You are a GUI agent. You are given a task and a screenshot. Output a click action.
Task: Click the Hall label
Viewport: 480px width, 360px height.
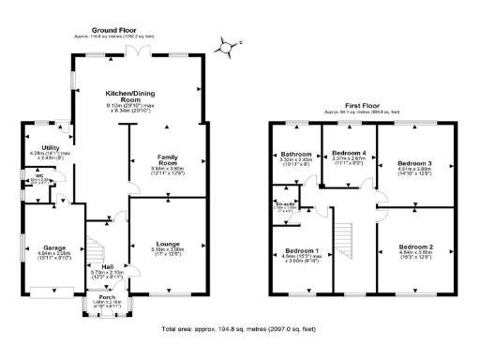(112, 267)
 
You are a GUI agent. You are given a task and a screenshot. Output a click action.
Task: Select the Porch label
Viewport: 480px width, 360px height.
(111, 300)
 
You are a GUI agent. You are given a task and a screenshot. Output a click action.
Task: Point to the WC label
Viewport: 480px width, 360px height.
(29, 175)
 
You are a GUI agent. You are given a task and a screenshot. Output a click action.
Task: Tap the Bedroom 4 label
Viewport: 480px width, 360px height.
(349, 152)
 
